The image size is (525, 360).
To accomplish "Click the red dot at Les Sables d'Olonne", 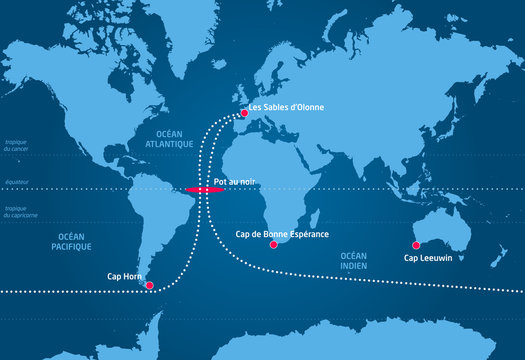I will click(244, 114).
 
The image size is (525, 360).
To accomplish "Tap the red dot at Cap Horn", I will click(150, 286).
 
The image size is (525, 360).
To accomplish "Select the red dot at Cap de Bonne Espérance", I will click(274, 244).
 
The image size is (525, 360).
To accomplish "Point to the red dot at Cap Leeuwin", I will click(416, 245).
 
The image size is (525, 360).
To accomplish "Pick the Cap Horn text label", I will click(124, 276).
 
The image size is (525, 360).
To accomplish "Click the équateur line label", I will click(16, 182).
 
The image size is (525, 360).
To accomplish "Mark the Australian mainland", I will click(440, 228).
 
